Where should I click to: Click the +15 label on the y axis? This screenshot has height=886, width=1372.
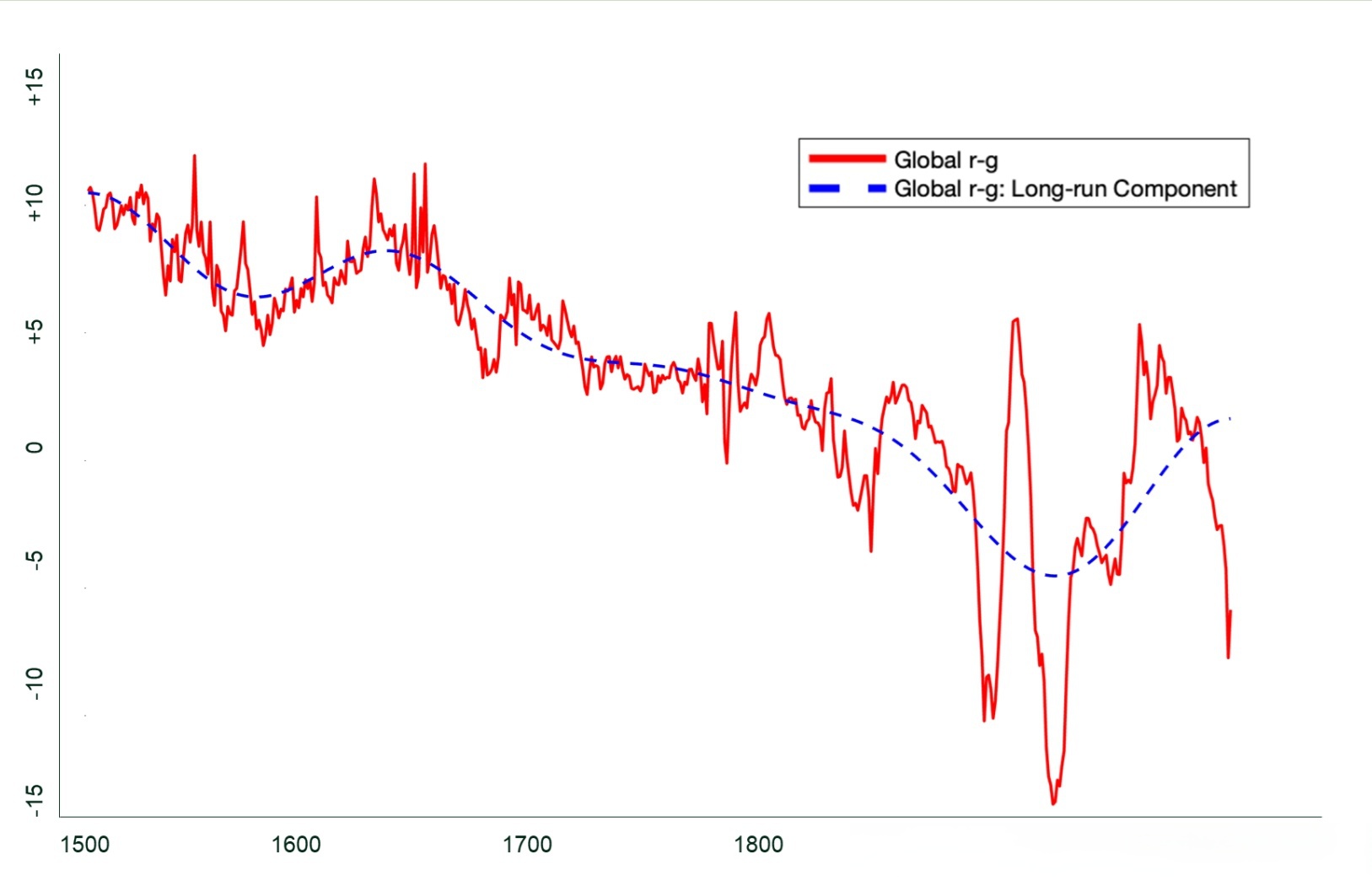[34, 87]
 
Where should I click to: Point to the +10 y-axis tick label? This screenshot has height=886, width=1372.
[34, 203]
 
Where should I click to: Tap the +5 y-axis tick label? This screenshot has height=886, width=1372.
[34, 330]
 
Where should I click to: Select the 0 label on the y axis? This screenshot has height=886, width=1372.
[34, 447]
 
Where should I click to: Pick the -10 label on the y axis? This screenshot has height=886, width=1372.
[34, 684]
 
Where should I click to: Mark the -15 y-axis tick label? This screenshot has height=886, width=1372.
[34, 800]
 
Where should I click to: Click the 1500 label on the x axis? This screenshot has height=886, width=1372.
[85, 845]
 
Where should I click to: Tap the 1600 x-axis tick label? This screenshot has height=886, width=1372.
[296, 845]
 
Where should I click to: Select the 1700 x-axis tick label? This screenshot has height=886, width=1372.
[527, 845]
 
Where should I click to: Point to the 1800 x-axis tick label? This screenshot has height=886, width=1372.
[759, 845]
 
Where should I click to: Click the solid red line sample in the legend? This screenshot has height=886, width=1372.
[847, 159]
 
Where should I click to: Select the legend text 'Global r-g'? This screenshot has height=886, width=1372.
[945, 160]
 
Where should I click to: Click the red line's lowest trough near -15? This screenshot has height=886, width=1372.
[1053, 803]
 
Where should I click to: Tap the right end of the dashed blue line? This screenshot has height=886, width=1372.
[1230, 418]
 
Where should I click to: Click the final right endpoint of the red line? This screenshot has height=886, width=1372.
[1230, 611]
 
